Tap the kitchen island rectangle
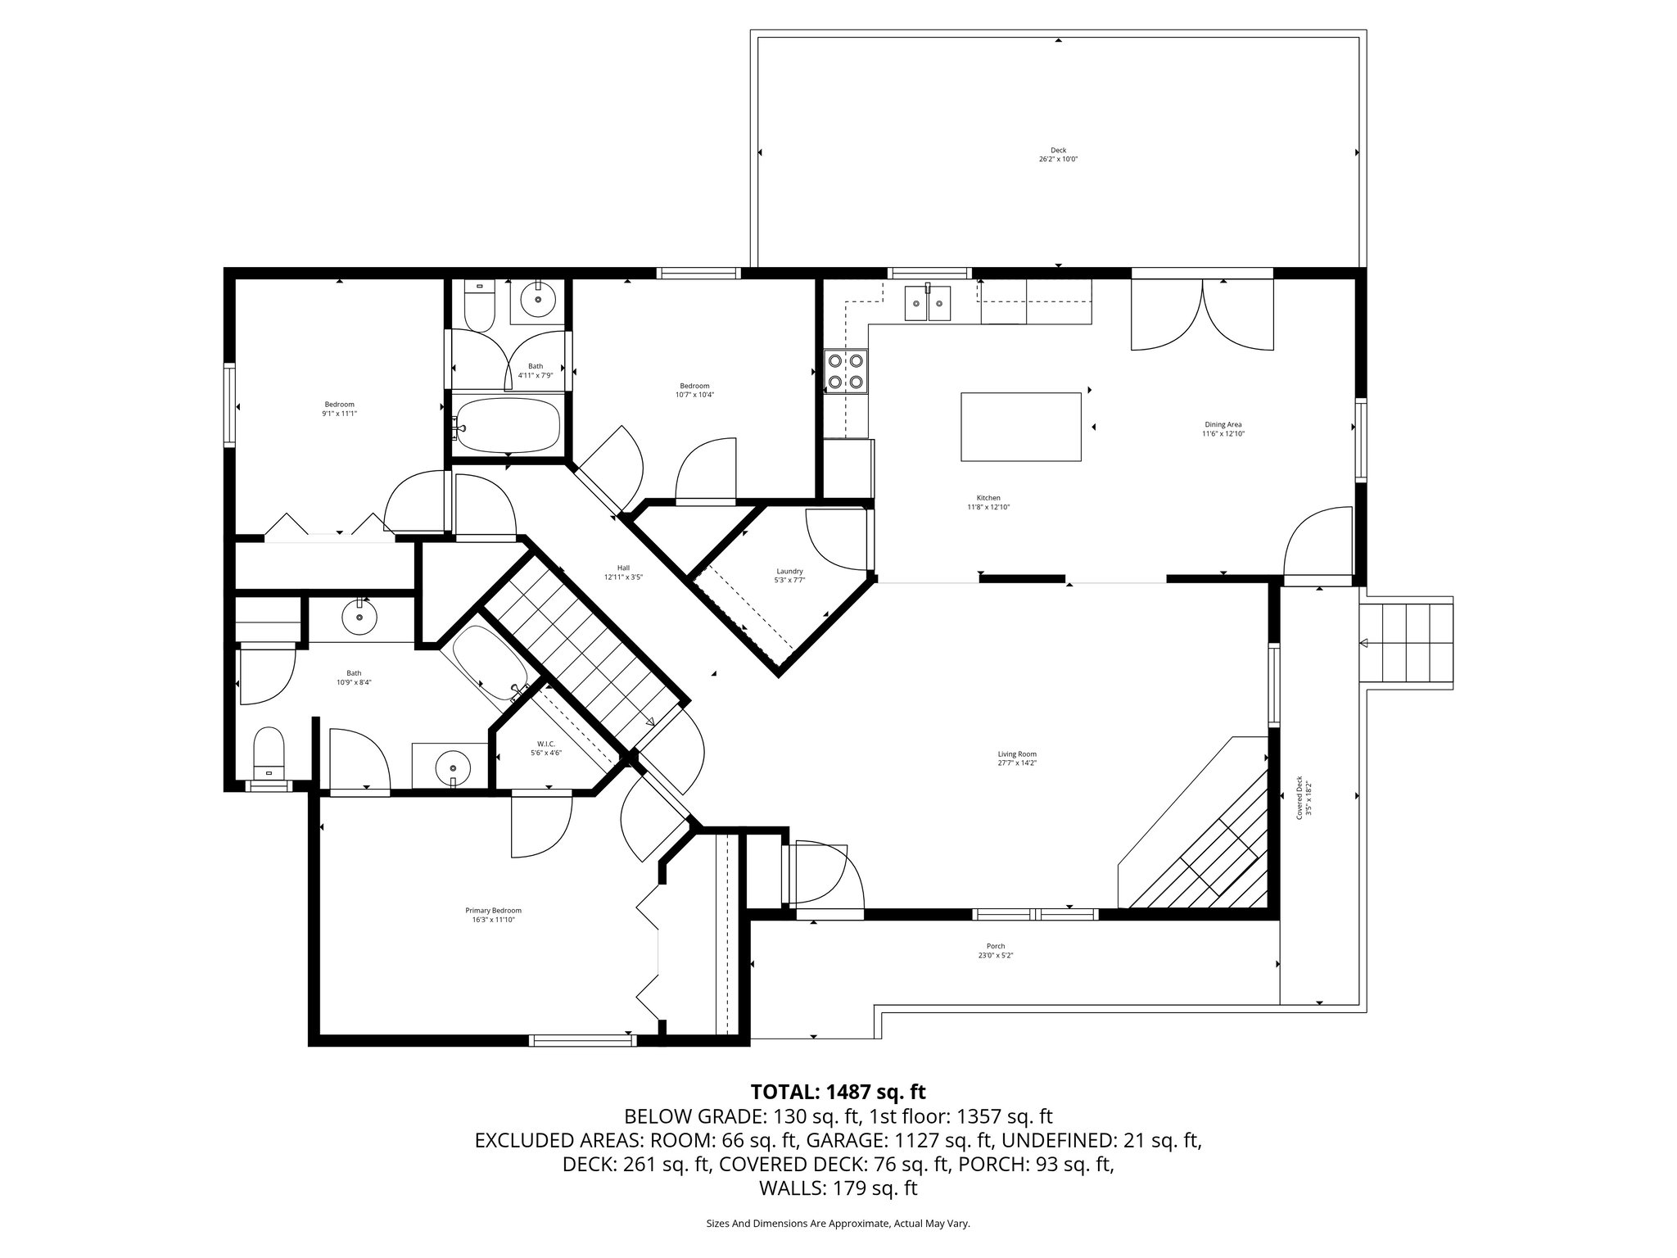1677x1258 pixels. pyautogui.click(x=1020, y=427)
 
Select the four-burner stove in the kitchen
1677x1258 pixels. pyautogui.click(x=846, y=370)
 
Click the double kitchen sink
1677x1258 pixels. pyautogui.click(x=929, y=304)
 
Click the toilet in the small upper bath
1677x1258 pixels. pyautogui.click(x=478, y=305)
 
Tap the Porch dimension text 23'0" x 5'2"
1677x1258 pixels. pyautogui.click(x=995, y=956)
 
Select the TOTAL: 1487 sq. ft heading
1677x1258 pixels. pyautogui.click(x=838, y=1092)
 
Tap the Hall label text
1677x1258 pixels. pyautogui.click(x=623, y=568)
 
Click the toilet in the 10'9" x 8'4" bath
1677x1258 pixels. pyautogui.click(x=269, y=753)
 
